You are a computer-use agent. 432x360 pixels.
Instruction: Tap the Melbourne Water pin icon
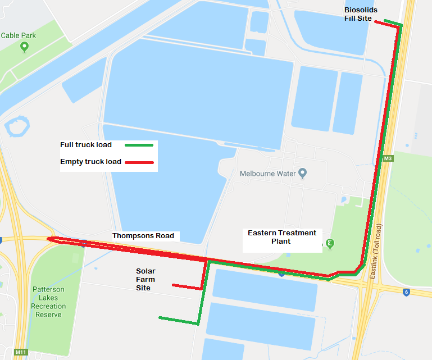pyautogui.click(x=303, y=172)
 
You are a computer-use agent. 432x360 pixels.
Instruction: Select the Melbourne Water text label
pyautogui.click(x=267, y=174)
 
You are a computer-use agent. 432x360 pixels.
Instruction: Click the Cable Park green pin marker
pyautogui.click(x=24, y=47)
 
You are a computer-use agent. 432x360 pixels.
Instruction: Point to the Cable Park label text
pyautogui.click(x=19, y=35)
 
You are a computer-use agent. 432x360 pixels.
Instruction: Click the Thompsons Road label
pyautogui.click(x=143, y=235)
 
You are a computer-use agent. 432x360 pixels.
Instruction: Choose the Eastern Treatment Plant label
pyautogui.click(x=282, y=236)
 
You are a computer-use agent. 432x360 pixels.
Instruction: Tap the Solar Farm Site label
pyautogui.click(x=145, y=279)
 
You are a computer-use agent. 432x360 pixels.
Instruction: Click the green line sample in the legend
pyautogui.click(x=139, y=145)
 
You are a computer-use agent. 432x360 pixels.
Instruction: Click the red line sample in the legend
pyautogui.click(x=139, y=162)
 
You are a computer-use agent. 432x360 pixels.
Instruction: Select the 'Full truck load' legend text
pyautogui.click(x=86, y=145)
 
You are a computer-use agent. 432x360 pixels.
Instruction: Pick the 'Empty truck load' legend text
pyautogui.click(x=90, y=162)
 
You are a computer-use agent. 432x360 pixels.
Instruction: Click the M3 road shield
pyautogui.click(x=387, y=159)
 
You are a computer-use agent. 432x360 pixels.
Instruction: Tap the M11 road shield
pyautogui.click(x=21, y=352)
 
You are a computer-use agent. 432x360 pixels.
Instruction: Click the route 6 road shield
pyautogui.click(x=406, y=291)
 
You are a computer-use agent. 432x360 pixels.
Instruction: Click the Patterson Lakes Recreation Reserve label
pyautogui.click(x=48, y=302)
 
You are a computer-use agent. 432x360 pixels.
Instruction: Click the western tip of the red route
pyautogui.click(x=49, y=239)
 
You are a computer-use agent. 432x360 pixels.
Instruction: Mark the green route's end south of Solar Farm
pyautogui.click(x=160, y=318)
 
